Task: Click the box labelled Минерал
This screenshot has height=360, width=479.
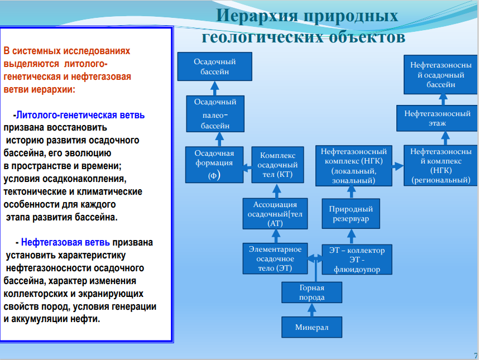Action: tap(312, 327)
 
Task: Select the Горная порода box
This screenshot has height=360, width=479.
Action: tap(312, 292)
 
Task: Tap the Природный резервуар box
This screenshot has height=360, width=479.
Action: tap(351, 214)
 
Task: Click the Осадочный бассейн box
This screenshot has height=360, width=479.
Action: tap(215, 66)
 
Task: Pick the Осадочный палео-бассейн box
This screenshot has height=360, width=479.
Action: tap(215, 114)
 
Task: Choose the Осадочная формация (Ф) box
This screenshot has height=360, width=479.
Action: tap(214, 165)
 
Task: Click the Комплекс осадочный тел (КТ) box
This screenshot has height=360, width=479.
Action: tap(277, 165)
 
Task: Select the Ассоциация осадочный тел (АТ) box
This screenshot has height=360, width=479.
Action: tap(275, 214)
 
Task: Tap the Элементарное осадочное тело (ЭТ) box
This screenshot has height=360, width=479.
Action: tap(275, 258)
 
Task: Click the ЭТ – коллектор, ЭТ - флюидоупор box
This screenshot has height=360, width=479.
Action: tap(357, 260)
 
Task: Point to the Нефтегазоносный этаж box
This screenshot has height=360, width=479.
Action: tap(437, 118)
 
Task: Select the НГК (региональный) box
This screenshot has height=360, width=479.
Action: tap(440, 166)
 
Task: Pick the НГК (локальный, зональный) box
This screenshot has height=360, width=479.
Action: tap(354, 166)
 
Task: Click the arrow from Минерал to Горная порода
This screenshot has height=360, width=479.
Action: tap(312, 310)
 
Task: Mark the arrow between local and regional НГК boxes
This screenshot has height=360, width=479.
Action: tap(397, 166)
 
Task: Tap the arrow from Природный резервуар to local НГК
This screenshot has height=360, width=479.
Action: tap(351, 193)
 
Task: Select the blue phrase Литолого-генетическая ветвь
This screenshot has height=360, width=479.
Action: tap(80, 115)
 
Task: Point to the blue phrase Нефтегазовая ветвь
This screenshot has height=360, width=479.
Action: tap(65, 242)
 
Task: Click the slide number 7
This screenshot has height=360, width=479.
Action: tap(476, 356)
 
